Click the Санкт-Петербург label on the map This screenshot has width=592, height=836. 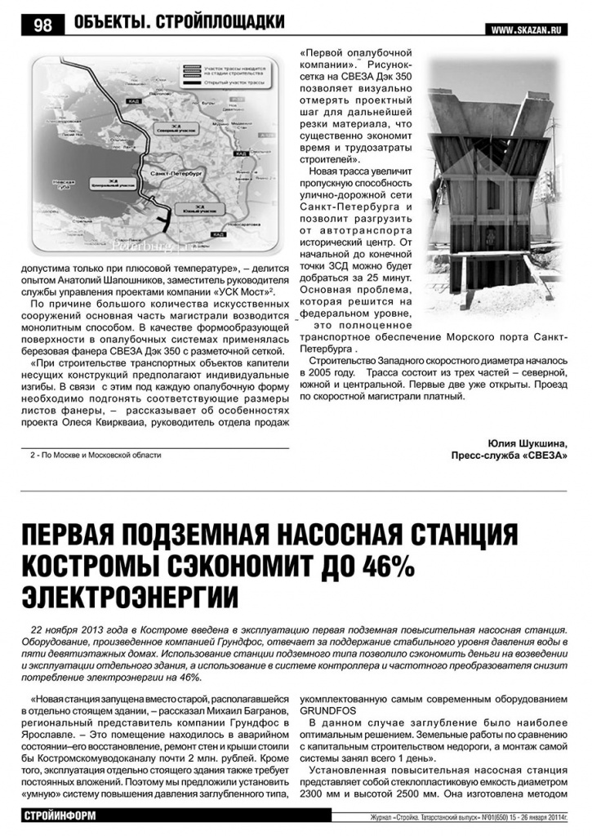pyautogui.click(x=165, y=175)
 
